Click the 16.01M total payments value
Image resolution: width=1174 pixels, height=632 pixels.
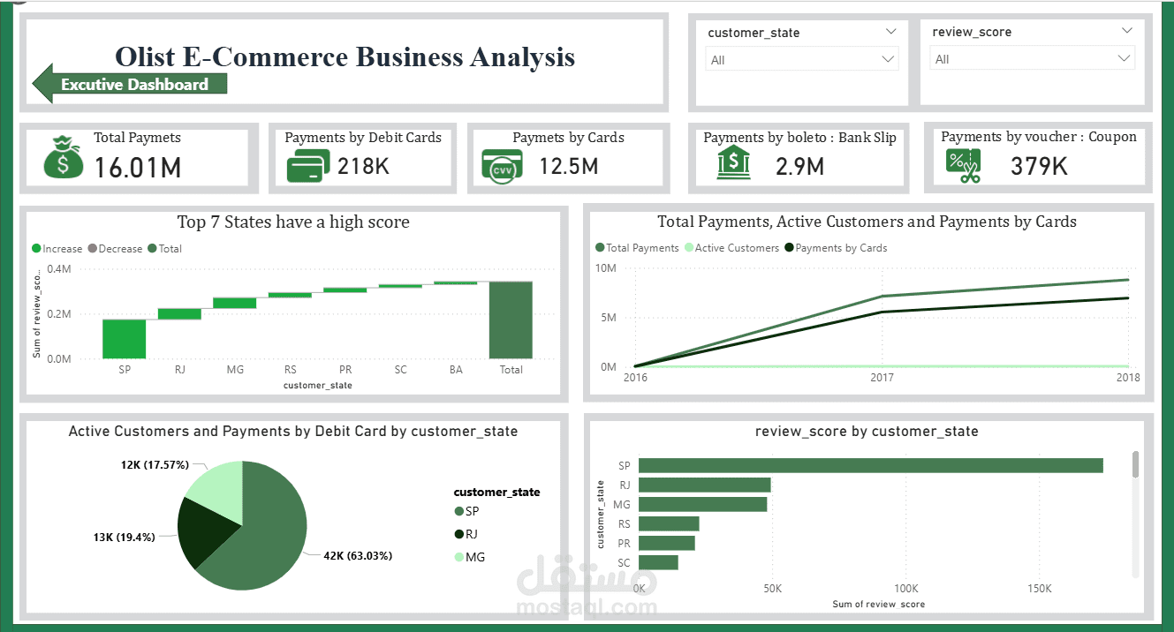click(138, 168)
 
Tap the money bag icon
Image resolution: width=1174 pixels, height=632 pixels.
click(64, 157)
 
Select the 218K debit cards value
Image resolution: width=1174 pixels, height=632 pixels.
click(363, 167)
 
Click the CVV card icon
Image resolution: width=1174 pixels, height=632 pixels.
click(502, 167)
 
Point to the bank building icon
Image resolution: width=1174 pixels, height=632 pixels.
click(733, 162)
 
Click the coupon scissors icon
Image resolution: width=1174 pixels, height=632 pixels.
click(963, 165)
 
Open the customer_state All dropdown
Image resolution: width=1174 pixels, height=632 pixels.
click(802, 60)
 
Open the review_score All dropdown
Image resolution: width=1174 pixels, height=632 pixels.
click(1033, 58)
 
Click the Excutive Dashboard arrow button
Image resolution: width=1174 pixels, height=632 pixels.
click(130, 84)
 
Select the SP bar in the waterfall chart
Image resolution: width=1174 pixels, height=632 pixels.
click(125, 339)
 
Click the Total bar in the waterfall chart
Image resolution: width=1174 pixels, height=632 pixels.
click(511, 320)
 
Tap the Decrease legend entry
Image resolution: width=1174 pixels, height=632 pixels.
click(116, 249)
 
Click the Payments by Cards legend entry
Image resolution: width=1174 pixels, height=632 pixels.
click(836, 248)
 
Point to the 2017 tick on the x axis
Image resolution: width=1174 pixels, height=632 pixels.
click(882, 378)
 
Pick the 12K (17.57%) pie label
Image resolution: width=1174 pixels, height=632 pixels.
click(155, 465)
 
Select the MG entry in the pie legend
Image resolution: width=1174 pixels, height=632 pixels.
click(470, 557)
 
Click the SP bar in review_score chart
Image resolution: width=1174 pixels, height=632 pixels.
click(870, 465)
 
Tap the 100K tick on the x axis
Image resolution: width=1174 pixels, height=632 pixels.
click(905, 589)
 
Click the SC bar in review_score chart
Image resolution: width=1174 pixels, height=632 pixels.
click(658, 562)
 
